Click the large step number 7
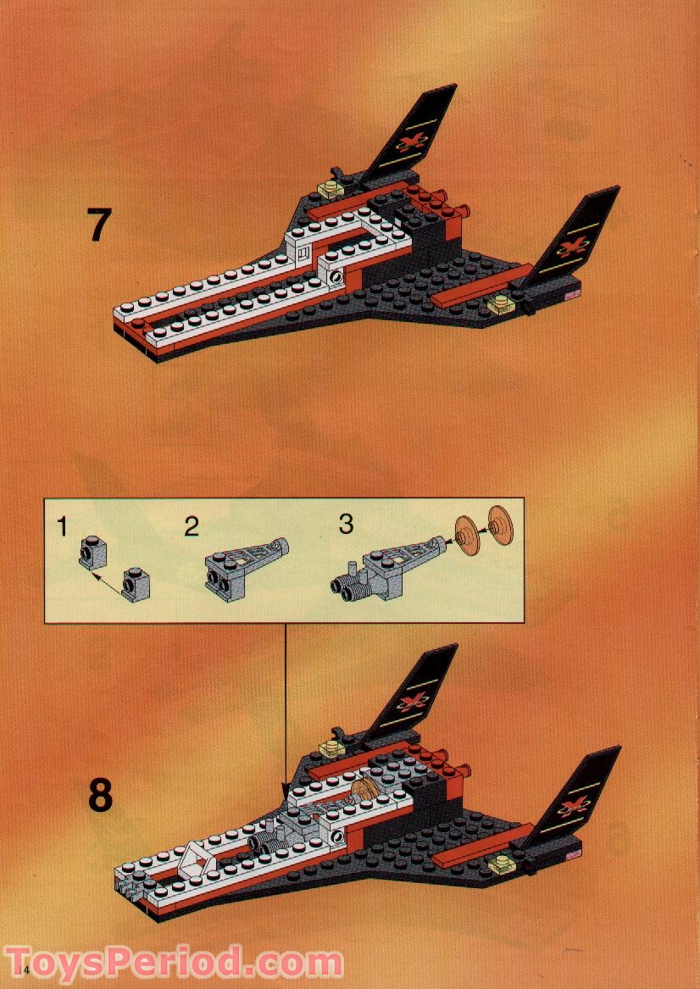99,225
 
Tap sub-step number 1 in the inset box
61,526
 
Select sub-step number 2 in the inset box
192,526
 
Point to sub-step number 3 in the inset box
346,524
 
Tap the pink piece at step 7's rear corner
571,293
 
